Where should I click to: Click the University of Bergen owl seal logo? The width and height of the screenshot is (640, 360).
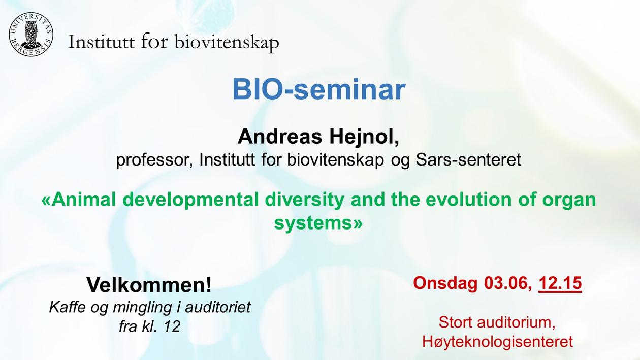[31, 35]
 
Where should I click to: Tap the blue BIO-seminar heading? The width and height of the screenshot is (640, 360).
[319, 90]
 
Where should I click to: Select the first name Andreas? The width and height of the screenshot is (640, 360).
[280, 137]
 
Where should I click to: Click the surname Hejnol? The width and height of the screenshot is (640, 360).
[364, 137]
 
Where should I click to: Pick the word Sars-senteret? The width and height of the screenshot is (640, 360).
[468, 160]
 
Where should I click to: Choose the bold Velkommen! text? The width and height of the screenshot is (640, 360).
[149, 285]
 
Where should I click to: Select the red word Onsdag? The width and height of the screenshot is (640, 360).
[445, 284]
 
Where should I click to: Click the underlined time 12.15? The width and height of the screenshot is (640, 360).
[560, 283]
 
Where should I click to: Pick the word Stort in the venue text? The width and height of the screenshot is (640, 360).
[456, 322]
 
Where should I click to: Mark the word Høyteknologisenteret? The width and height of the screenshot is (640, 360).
[497, 341]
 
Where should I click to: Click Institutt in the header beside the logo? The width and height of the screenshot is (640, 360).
[101, 42]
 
